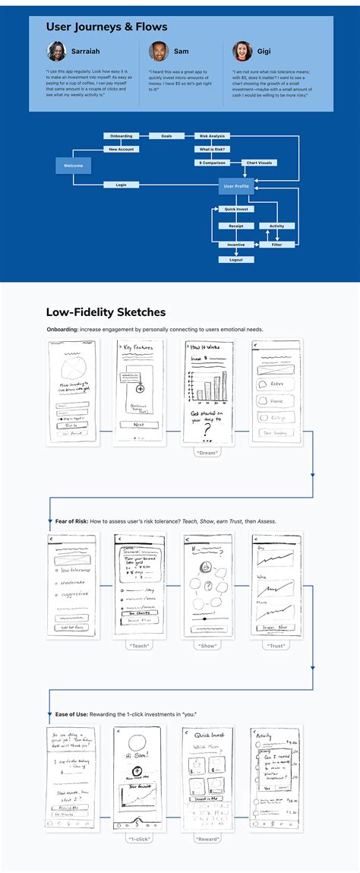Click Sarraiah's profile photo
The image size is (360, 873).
coord(57,51)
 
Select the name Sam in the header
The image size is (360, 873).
coord(181,51)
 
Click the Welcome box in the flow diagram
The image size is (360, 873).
coord(73,165)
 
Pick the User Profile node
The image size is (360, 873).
coord(235,185)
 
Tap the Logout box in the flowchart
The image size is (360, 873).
coord(236,260)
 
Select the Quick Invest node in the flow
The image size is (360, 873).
coord(236,208)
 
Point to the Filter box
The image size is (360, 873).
coord(276,245)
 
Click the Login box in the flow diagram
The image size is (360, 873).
coord(121,185)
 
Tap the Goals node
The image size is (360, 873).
coord(166,136)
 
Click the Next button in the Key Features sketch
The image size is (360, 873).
coord(139,425)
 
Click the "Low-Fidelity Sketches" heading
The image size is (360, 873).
coord(106,312)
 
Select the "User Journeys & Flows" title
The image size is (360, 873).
coord(106,27)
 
